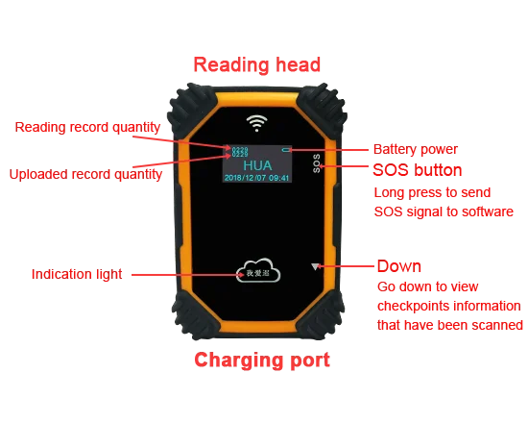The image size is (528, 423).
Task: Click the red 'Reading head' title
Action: coord(257,65)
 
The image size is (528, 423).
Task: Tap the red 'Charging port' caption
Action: coord(261,361)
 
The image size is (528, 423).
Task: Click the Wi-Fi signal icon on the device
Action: coord(255,122)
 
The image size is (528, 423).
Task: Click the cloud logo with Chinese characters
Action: coord(258,272)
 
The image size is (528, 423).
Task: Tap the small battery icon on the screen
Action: coord(287,150)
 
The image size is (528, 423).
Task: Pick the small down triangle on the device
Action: coord(313,266)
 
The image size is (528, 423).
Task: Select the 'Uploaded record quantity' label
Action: coord(84,175)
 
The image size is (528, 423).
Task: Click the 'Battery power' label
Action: coord(414,150)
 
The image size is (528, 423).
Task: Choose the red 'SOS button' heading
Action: coord(418,170)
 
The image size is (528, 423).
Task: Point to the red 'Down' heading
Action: coord(398,265)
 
